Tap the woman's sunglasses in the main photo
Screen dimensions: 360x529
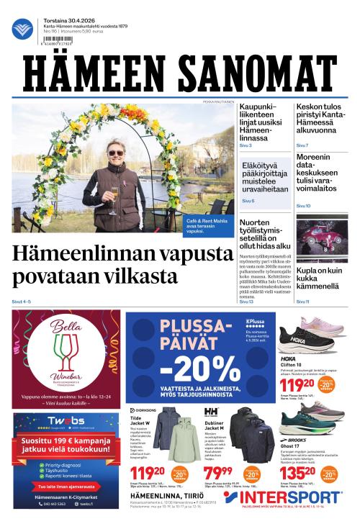[x=115, y=153]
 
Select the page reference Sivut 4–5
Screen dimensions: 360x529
[x=22, y=302]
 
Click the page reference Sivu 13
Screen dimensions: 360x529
[x=246, y=302]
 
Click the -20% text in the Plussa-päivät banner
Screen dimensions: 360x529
[x=186, y=369]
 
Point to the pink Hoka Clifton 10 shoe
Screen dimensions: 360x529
[x=313, y=338]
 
